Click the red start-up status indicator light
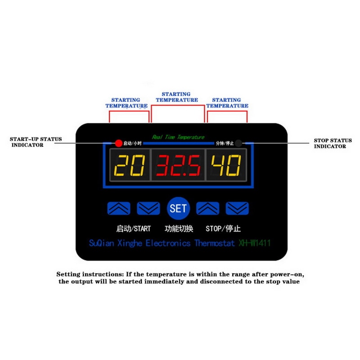[118, 144]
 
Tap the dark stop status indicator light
[238, 144]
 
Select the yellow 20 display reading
[130, 166]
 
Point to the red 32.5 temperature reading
[178, 166]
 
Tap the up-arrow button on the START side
[119, 208]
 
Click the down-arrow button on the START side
[148, 208]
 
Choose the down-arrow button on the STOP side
[237, 208]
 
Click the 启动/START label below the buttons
[134, 228]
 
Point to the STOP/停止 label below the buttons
[223, 228]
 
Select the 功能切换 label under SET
[179, 228]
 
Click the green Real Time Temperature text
[178, 137]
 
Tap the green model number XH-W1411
[254, 243]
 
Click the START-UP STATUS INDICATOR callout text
[36, 142]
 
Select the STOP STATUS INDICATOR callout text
[333, 144]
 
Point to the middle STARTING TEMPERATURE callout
[176, 97]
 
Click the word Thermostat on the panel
[215, 243]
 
